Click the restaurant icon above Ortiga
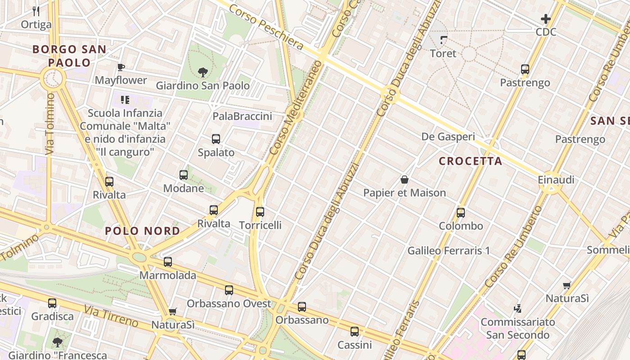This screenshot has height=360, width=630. [36, 11]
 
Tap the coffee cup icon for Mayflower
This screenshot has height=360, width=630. [121, 67]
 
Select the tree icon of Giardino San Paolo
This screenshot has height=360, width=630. [202, 72]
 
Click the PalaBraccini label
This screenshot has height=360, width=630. [242, 117]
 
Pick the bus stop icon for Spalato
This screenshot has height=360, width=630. [216, 139]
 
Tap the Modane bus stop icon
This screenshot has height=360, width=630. [183, 175]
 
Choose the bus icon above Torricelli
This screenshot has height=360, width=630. [260, 211]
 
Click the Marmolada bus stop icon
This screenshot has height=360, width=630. [168, 261]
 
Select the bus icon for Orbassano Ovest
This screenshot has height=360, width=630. [229, 290]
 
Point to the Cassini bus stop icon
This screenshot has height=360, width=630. [355, 332]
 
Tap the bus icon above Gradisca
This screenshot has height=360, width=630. [52, 303]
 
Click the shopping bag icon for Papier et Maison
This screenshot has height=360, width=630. [405, 180]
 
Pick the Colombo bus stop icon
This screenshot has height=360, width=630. [461, 212]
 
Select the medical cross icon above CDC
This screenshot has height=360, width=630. [546, 19]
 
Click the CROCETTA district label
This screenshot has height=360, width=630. [470, 161]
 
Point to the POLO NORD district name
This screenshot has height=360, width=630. [142, 231]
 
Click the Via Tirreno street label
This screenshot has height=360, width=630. [111, 316]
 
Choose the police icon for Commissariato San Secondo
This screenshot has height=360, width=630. [518, 309]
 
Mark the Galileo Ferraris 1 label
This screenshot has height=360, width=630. [448, 251]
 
